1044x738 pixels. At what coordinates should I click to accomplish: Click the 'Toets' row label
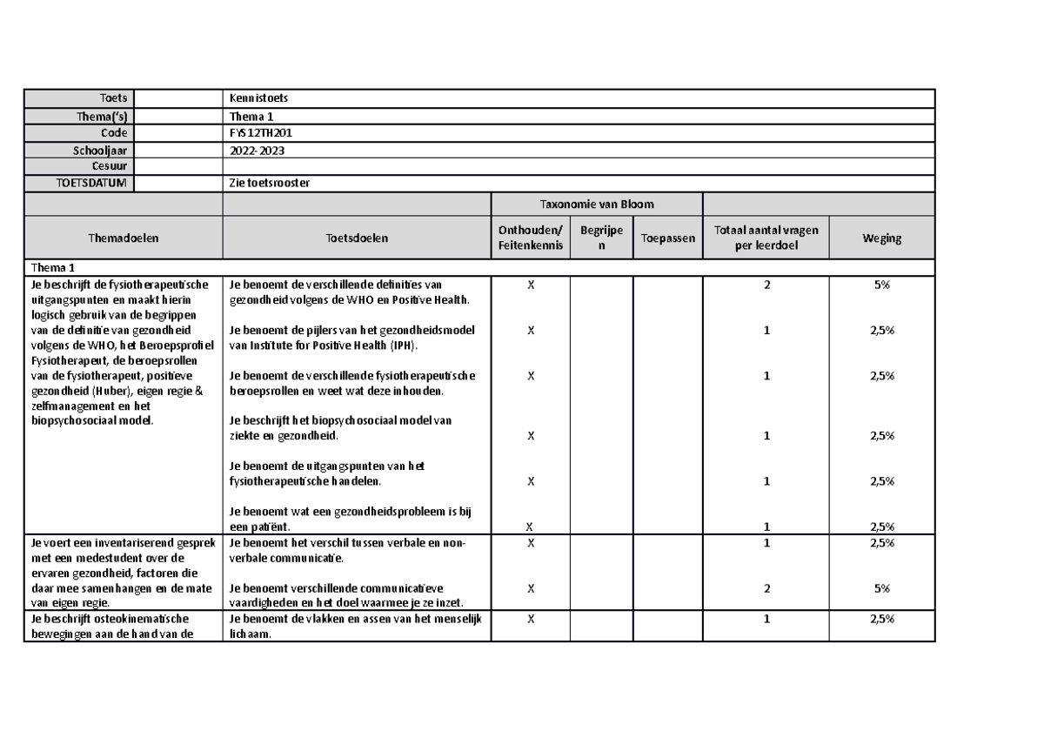(x=112, y=98)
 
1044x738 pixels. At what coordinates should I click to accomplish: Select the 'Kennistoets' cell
(x=258, y=98)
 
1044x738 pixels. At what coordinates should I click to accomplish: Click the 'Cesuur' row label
(x=110, y=166)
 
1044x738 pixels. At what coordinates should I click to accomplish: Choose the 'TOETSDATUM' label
(x=91, y=183)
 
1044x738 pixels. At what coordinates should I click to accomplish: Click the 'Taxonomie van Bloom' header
(x=597, y=204)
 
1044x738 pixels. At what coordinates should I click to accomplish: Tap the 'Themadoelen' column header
(x=124, y=238)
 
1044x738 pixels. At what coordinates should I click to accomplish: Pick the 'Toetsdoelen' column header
(x=357, y=238)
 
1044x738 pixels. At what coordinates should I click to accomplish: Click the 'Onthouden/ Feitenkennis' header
(x=530, y=238)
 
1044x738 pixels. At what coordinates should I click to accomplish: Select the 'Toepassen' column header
(x=667, y=238)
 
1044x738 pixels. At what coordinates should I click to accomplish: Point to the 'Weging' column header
(x=881, y=238)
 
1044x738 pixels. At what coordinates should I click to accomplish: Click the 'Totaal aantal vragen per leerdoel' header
(x=766, y=238)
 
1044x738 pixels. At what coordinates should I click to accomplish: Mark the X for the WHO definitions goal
(x=530, y=285)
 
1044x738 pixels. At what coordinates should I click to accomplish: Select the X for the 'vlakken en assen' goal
(x=530, y=619)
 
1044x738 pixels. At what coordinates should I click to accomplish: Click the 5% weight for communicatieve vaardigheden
(x=881, y=588)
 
